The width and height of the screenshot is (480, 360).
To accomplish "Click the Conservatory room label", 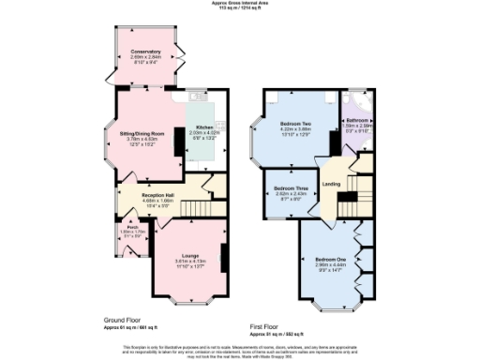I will [x=145, y=51].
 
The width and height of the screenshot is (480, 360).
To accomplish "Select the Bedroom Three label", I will [x=289, y=189].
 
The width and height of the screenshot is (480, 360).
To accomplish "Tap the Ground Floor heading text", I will [x=123, y=320].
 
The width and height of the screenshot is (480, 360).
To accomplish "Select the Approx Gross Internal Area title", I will [x=239, y=5].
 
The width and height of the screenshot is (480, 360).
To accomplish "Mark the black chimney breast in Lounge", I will [x=223, y=255].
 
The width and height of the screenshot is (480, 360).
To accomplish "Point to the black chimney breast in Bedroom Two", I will [x=334, y=142].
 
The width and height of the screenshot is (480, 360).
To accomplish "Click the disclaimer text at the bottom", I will [x=239, y=349].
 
